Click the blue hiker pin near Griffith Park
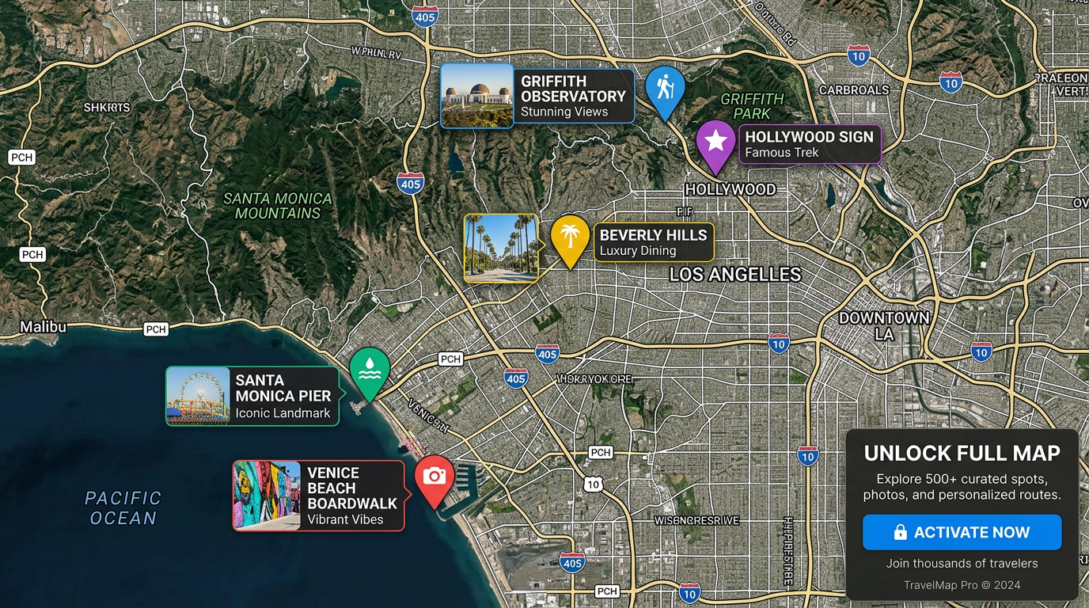[x=665, y=87]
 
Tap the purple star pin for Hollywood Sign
[x=716, y=142]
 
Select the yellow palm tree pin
[x=570, y=237]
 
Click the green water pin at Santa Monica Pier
[x=369, y=370]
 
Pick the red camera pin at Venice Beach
[x=434, y=477]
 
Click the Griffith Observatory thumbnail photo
[x=477, y=95]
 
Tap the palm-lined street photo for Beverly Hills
[x=500, y=248]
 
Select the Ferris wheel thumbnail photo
[x=198, y=396]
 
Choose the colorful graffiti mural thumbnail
[x=267, y=495]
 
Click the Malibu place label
[x=44, y=327]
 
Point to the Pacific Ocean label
[x=123, y=508]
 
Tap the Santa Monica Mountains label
[x=277, y=206]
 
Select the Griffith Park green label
[x=752, y=106]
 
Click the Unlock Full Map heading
[x=962, y=454]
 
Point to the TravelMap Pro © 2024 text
[x=962, y=585]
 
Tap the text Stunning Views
[x=564, y=112]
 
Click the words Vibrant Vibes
[x=345, y=520]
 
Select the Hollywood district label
[x=730, y=189]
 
